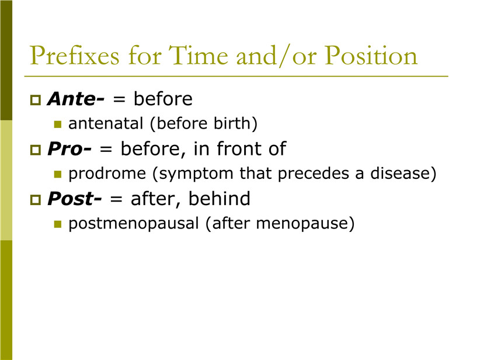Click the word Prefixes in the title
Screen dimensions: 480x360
coord(74,56)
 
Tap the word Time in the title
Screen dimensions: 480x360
coord(199,55)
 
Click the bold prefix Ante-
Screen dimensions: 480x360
coord(76,99)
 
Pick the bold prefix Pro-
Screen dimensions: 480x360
coord(69,149)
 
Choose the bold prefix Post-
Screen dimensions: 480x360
coord(74,199)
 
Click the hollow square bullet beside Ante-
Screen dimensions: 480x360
coord(36,100)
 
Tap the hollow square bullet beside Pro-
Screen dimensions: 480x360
coord(36,150)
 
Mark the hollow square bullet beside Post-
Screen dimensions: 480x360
coord(36,200)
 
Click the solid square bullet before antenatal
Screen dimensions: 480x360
coord(58,124)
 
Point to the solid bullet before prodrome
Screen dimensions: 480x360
coord(58,174)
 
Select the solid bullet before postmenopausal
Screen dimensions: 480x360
coord(58,224)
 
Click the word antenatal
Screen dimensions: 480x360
coord(106,123)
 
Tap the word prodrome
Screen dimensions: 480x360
coord(107,174)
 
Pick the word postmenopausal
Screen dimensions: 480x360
coord(134,223)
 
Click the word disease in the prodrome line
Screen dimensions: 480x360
coord(400,174)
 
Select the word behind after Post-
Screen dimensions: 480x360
coord(219,199)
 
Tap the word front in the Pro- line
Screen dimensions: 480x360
coord(239,148)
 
